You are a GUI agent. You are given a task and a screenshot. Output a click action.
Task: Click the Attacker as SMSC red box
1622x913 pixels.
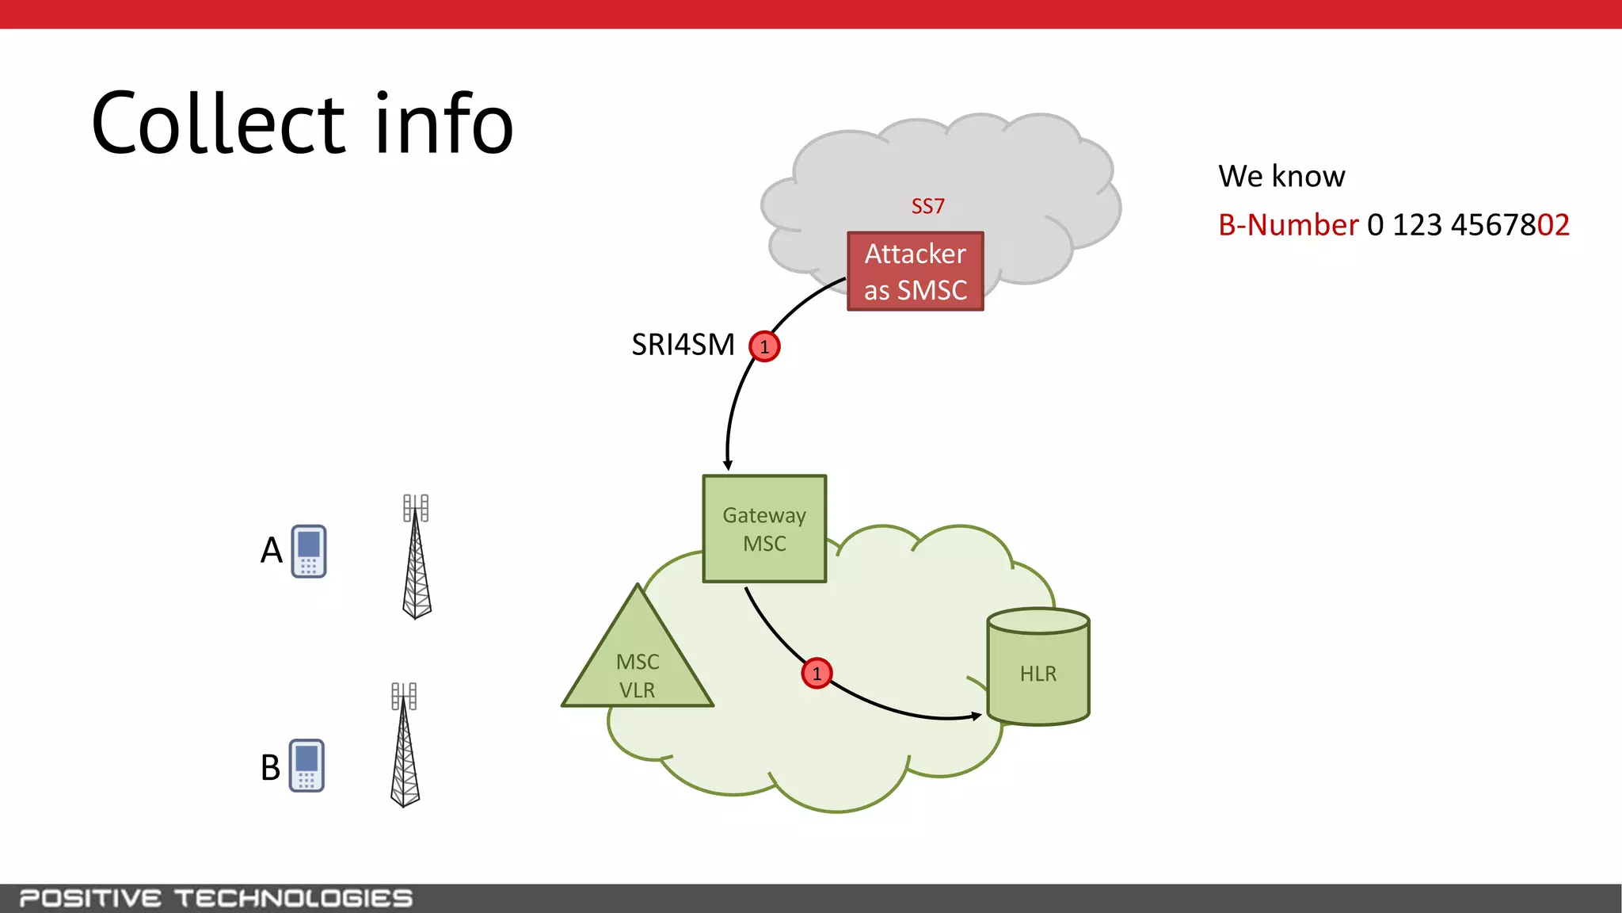point(915,271)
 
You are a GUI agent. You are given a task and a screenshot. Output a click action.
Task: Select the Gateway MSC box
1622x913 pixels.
point(764,529)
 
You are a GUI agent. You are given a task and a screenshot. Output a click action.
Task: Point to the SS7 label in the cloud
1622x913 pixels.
point(927,206)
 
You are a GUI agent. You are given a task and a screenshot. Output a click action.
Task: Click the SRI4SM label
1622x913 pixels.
point(683,345)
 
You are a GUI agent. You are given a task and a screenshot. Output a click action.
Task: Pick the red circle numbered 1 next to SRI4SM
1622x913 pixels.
point(764,346)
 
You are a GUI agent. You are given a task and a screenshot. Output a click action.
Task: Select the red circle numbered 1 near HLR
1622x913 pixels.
point(817,674)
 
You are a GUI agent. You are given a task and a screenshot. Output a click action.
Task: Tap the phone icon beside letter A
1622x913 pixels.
point(309,551)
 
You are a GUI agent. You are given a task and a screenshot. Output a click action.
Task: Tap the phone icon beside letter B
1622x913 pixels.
point(307,766)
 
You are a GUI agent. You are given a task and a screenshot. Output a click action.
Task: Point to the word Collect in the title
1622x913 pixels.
point(219,124)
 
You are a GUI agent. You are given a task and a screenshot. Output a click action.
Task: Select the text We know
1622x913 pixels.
point(1281,176)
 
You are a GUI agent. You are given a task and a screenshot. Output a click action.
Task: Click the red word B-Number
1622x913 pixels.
point(1288,225)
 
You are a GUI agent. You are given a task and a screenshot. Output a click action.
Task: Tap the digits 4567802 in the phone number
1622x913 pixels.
point(1510,225)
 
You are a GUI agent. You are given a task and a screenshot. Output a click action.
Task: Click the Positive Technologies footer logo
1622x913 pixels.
point(215,898)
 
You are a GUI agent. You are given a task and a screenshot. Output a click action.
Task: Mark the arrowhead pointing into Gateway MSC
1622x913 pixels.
point(728,465)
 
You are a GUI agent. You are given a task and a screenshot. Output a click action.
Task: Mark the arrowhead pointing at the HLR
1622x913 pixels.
point(977,716)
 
